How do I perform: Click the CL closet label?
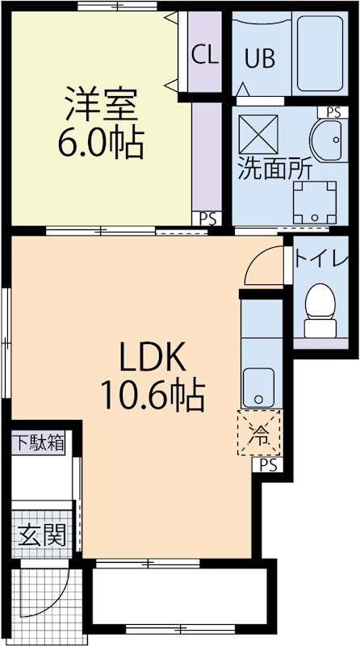205,55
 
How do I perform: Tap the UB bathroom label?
260,58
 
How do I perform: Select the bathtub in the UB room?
320,53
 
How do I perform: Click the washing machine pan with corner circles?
315,202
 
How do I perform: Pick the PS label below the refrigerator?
268,465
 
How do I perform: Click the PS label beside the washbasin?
333,112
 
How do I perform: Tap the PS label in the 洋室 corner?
207,219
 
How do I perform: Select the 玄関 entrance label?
42,535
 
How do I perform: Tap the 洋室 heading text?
102,103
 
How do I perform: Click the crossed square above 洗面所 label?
258,134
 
